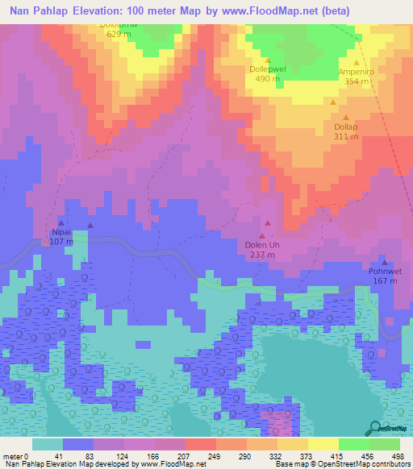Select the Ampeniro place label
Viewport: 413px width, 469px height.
(357, 71)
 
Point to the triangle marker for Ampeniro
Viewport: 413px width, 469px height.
(357, 61)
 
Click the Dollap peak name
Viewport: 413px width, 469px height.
(346, 127)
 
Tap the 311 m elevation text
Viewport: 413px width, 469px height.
(346, 137)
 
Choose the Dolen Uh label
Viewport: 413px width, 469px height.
(262, 245)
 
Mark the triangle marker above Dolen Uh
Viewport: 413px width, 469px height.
(269, 234)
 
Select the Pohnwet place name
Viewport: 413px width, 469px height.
(386, 272)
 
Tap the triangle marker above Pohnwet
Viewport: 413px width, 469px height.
(385, 261)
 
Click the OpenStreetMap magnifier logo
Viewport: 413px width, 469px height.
(375, 428)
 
